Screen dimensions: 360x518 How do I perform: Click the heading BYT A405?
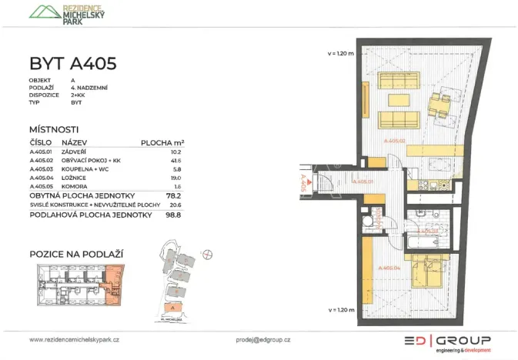tap(72, 63)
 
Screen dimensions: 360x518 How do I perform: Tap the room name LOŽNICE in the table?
tap(75, 178)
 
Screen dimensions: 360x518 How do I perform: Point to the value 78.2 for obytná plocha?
tap(175, 196)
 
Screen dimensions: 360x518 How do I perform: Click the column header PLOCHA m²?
tap(162, 143)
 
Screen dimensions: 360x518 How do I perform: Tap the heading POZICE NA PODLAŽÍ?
tap(76, 254)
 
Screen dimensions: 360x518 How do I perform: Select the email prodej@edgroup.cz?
tap(263, 339)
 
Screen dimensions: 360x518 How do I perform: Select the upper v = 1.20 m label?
tap(340, 53)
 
